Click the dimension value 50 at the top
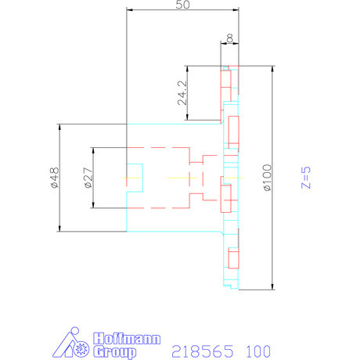coord(182,5)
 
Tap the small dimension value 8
coord(229,38)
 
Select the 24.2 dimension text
coord(182,92)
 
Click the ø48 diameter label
coord(53,178)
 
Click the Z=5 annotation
coord(308,177)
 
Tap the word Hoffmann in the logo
coord(127,339)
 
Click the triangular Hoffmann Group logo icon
coord(74,344)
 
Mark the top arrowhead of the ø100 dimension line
coord(272,68)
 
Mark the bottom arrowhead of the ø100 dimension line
coord(272,286)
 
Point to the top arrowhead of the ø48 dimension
coord(59,127)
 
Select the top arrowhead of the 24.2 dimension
coord(188,67)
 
